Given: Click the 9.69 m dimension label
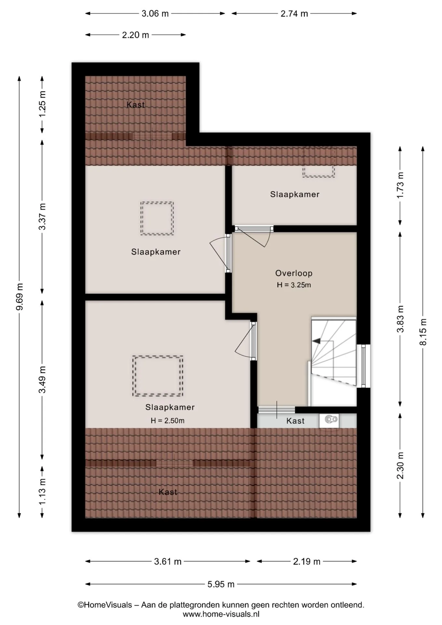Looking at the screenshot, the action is tap(20, 297).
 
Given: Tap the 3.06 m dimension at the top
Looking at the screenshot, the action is tap(155, 14).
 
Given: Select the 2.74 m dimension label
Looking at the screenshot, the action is tap(294, 14).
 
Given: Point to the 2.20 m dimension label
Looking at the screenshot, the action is tap(135, 35).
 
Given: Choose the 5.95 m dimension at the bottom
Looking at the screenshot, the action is tap(221, 584).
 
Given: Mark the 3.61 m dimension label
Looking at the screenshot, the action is tap(168, 562).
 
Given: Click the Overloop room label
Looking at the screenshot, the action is tap(294, 273).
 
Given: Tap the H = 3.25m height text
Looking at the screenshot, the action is tap(294, 285).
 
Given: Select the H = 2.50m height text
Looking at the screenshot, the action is tap(167, 421).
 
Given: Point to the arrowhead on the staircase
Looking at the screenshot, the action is tap(316, 341).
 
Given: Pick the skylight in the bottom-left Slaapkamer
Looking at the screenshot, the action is tap(158, 376).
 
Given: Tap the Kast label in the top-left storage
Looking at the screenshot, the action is tap(135, 105).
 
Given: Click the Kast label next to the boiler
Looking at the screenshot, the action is tap(295, 421).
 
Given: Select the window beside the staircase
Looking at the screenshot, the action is tap(364, 366).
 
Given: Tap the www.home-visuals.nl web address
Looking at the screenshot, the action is tap(221, 614).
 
